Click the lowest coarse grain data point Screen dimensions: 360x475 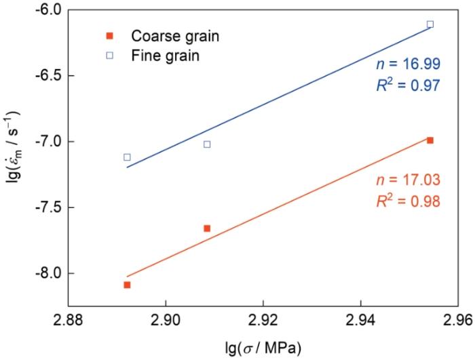coord(127,285)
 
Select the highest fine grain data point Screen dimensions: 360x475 coord(430,24)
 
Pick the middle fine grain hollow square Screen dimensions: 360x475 coord(207,144)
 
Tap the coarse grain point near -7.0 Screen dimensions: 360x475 coord(430,140)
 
